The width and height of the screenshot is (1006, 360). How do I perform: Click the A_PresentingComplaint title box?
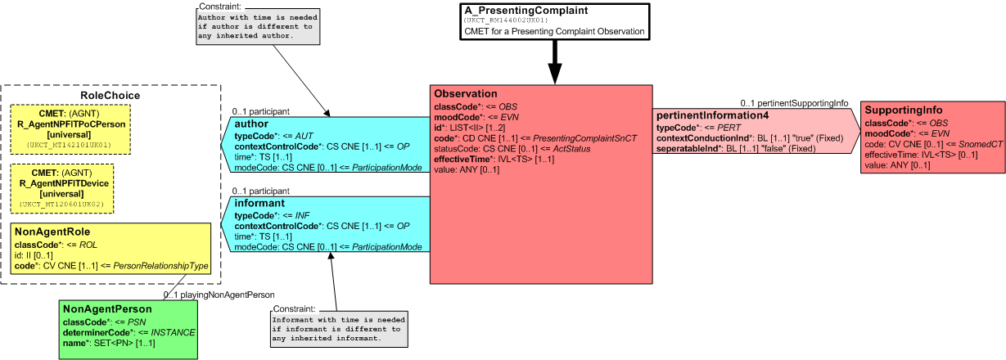[555, 22]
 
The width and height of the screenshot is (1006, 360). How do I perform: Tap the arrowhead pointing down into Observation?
[555, 74]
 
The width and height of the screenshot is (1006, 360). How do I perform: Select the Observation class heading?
[466, 94]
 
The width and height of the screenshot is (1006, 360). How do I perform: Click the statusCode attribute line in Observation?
[512, 149]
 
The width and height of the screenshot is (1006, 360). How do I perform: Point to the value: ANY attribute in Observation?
[467, 169]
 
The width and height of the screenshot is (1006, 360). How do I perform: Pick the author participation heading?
[251, 124]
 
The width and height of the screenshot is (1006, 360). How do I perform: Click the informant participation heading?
[259, 204]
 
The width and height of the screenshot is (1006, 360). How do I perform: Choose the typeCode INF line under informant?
[272, 215]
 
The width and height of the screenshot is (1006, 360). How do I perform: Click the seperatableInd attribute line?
[736, 149]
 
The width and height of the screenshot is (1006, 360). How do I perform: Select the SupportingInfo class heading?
[904, 110]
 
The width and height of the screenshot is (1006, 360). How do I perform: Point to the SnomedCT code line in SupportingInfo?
[934, 144]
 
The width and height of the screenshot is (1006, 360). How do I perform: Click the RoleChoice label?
[110, 96]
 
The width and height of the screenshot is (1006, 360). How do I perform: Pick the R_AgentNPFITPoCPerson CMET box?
[70, 129]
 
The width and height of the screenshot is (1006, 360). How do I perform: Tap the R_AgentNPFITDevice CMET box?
[62, 188]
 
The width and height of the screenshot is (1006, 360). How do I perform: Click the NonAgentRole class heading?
[52, 232]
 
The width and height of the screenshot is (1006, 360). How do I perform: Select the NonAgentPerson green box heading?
[107, 309]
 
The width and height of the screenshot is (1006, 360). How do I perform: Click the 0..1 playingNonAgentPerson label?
[219, 295]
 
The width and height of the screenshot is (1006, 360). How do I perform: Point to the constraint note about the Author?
[258, 26]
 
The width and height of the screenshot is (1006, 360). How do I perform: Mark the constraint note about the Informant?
[339, 329]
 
